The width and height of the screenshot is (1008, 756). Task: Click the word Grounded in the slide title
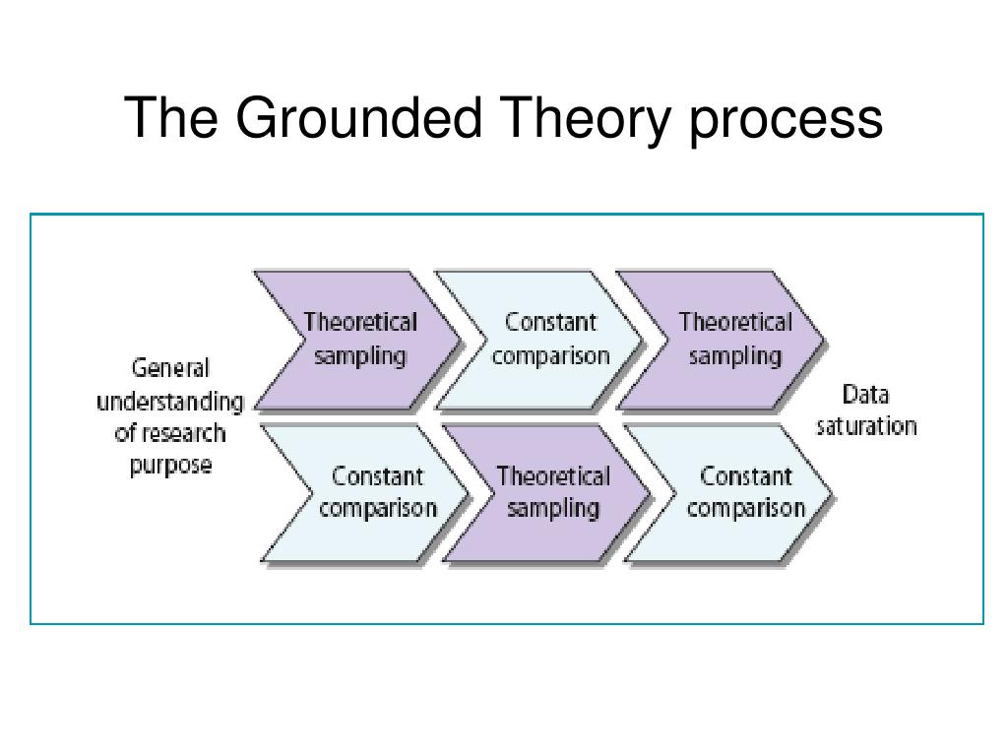tap(358, 117)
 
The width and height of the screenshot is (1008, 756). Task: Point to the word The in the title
tap(172, 117)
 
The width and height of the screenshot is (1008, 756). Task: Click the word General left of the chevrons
tap(170, 368)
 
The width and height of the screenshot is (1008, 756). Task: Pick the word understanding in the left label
tap(169, 402)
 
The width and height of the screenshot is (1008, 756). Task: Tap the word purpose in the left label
tap(170, 465)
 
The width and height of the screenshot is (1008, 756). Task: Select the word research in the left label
tap(183, 433)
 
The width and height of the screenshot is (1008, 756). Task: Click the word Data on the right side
tap(865, 395)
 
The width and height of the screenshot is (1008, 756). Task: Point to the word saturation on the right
tap(865, 426)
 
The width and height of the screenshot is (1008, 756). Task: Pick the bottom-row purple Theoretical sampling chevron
tap(552, 492)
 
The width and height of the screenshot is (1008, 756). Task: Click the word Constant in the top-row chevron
tap(550, 322)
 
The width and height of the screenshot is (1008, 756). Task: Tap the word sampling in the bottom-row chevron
tap(552, 509)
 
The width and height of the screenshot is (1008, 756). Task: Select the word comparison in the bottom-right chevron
tap(745, 509)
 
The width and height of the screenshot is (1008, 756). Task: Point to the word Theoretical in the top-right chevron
tap(734, 322)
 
